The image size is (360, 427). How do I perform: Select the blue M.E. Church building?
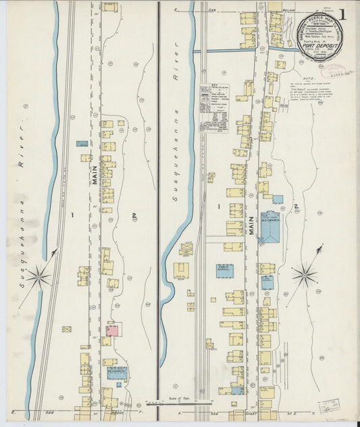(x=270, y=228)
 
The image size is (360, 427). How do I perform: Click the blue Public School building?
(x=224, y=271)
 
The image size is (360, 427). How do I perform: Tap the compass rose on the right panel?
(x=305, y=274)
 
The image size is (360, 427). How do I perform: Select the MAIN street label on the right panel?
(x=251, y=224)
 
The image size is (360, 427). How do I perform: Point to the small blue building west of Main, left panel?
(x=82, y=144)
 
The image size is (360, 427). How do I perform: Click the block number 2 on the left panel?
(x=135, y=216)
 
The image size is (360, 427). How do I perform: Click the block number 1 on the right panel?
(x=219, y=205)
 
